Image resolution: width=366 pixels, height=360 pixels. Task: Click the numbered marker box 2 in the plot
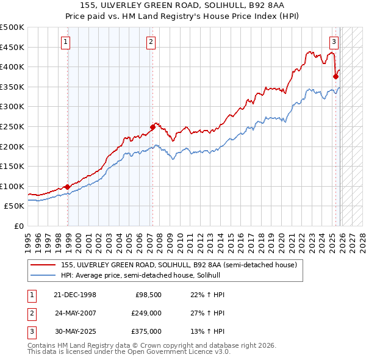click(x=151, y=42)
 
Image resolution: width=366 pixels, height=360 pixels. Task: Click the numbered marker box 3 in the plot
click(x=334, y=42)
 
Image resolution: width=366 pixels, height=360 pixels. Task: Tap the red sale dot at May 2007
click(x=152, y=127)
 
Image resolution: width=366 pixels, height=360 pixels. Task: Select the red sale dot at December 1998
click(x=68, y=187)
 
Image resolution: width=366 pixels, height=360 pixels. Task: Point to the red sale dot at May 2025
click(x=335, y=77)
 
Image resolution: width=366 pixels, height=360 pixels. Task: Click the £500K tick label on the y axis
click(x=12, y=27)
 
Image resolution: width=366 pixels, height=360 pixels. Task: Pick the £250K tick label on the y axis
click(x=12, y=127)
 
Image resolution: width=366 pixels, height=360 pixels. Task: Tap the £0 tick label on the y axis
click(x=18, y=226)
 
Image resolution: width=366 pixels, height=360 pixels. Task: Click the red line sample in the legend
click(x=43, y=265)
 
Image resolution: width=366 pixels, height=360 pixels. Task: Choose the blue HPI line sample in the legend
click(x=43, y=275)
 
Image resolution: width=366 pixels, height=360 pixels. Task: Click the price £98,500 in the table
click(x=148, y=295)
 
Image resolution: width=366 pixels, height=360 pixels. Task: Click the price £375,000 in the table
click(x=146, y=331)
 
